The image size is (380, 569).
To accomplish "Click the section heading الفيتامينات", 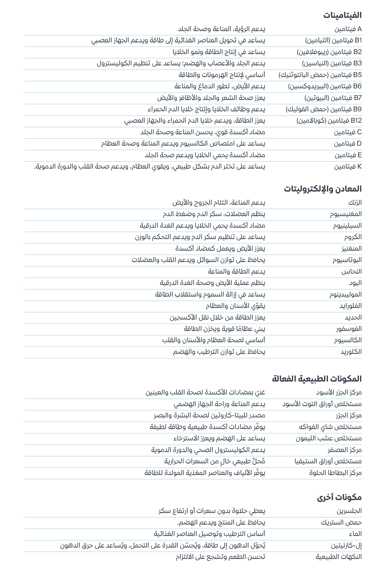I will tap(342, 15).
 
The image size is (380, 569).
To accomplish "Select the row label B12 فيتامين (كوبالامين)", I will tap(329, 121).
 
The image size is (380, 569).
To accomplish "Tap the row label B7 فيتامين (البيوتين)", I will tap(333, 98).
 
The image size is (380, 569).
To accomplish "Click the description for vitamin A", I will tap(221, 29).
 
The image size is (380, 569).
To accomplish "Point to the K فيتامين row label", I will tap(348, 167).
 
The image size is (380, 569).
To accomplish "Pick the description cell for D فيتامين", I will tap(183, 144).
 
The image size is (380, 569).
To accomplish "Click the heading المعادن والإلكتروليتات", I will tap(323, 189).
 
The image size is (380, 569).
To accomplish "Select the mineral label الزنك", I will tap(355, 203).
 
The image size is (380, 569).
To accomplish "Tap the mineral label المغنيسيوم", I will tap(346, 214).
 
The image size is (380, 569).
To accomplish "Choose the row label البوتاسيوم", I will tap(347, 260).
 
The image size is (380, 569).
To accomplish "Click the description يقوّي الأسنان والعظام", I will tap(235, 306).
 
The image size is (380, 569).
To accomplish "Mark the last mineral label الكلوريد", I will tap(351, 352).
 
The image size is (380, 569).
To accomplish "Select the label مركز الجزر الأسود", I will tap(339, 393).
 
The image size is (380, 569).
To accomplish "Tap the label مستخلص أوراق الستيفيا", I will tap(328, 461).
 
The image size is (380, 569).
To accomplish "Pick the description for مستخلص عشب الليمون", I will tap(219, 438).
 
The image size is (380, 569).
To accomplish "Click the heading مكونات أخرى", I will tap(339, 498).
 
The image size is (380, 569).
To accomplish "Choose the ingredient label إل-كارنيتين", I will tap(346, 546).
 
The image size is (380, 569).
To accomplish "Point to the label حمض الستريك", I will tap(341, 523).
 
